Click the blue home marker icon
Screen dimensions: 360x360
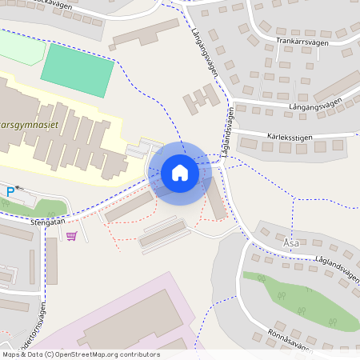coord(179,173)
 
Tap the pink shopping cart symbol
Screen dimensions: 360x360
coord(72,236)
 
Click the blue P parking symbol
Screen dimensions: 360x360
coord(10,191)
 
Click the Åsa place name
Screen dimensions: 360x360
coord(291,241)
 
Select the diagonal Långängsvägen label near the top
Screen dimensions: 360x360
coord(206,51)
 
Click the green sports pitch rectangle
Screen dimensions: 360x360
coord(76,71)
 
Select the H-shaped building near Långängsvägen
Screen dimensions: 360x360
coord(201,99)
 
